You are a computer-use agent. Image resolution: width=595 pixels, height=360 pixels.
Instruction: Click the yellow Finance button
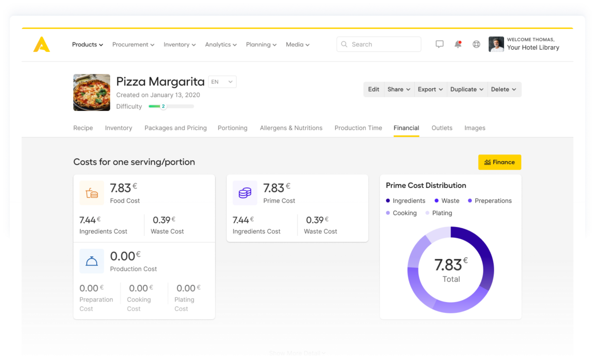[499, 162]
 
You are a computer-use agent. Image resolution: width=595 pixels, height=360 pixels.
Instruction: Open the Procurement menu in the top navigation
[133, 45]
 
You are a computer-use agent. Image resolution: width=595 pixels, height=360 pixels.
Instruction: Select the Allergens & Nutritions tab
[291, 128]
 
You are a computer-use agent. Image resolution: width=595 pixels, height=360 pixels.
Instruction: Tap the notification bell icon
[458, 44]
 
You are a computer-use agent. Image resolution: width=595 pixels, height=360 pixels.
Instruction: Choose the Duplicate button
[467, 90]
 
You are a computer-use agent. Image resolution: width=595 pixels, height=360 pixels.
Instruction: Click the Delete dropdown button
[504, 90]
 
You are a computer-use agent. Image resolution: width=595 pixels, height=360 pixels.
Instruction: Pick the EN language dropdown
[222, 82]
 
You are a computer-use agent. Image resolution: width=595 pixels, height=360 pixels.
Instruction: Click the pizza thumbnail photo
[92, 93]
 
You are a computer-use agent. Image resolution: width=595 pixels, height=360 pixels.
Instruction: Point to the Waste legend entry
[447, 201]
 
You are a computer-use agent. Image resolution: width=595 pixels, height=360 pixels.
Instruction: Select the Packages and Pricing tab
[175, 128]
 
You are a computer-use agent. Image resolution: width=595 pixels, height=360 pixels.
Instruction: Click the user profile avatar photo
[496, 44]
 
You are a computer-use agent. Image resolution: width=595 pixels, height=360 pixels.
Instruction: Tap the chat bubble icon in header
[439, 44]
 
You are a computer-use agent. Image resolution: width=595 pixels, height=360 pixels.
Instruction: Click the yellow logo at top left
[41, 45]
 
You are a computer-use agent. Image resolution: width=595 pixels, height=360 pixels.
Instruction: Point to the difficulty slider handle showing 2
[163, 106]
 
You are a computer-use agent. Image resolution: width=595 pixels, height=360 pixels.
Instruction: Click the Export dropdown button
[430, 90]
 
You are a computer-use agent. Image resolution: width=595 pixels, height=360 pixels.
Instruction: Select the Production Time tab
[358, 128]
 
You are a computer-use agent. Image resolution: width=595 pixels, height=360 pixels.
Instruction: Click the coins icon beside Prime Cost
[245, 193]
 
